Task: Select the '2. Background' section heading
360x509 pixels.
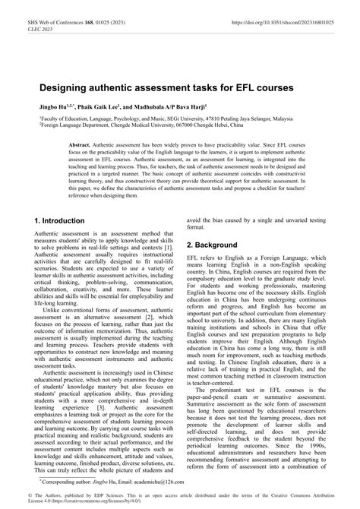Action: click(217, 246)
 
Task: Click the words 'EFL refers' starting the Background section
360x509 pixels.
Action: click(202, 261)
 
